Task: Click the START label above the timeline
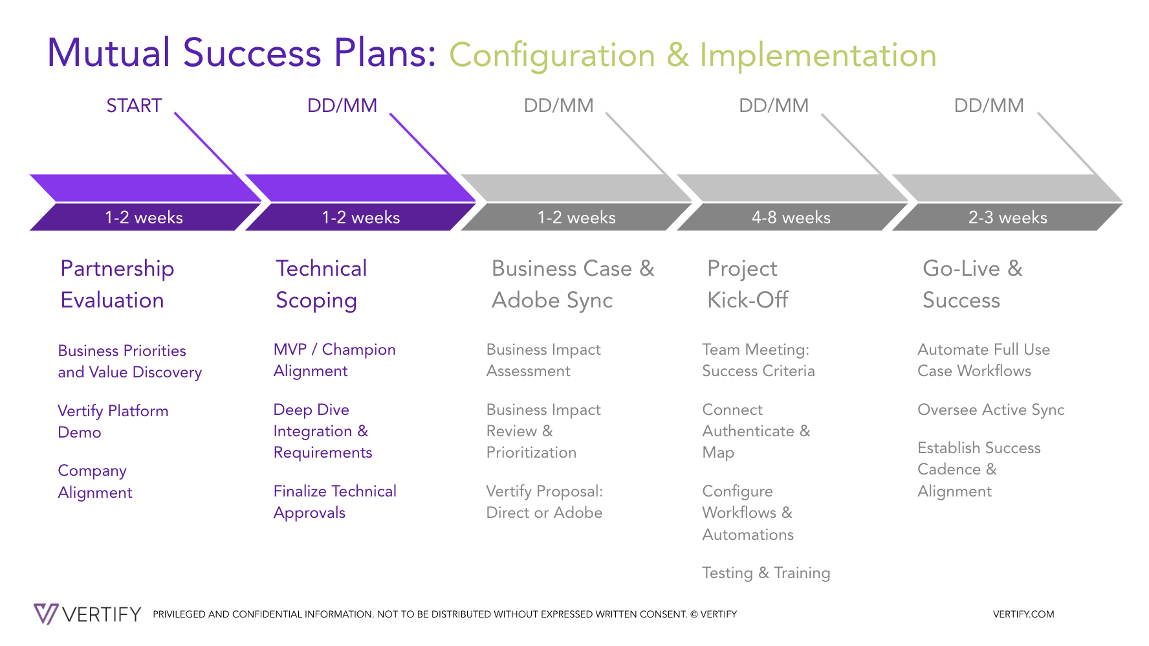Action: click(x=134, y=106)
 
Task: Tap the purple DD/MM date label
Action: click(x=342, y=106)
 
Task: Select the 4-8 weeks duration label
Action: click(x=791, y=217)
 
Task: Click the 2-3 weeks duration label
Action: click(x=1007, y=217)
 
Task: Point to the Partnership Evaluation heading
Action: click(x=117, y=284)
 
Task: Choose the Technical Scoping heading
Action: click(x=321, y=284)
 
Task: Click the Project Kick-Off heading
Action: click(x=747, y=284)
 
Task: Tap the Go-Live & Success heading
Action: click(x=972, y=284)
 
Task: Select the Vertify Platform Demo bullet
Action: click(x=113, y=421)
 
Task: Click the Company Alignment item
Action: click(x=94, y=482)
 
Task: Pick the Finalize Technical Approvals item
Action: click(x=334, y=502)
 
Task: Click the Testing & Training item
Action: click(x=766, y=573)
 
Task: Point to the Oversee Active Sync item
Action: click(x=990, y=410)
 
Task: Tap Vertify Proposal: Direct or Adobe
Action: click(x=544, y=502)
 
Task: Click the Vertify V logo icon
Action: click(x=46, y=614)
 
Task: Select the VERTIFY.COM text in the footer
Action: click(x=1023, y=614)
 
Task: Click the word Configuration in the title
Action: click(x=552, y=56)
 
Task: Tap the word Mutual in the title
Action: click(x=109, y=53)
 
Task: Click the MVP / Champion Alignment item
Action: click(x=334, y=360)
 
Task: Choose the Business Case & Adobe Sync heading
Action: click(x=573, y=284)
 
